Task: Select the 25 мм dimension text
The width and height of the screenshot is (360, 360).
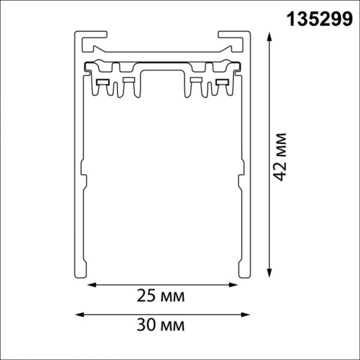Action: point(160,296)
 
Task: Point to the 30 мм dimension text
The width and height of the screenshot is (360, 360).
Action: point(160,326)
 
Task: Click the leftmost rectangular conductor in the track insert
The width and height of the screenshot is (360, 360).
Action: point(101,82)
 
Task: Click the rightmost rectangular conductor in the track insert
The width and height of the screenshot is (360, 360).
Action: point(222,82)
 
